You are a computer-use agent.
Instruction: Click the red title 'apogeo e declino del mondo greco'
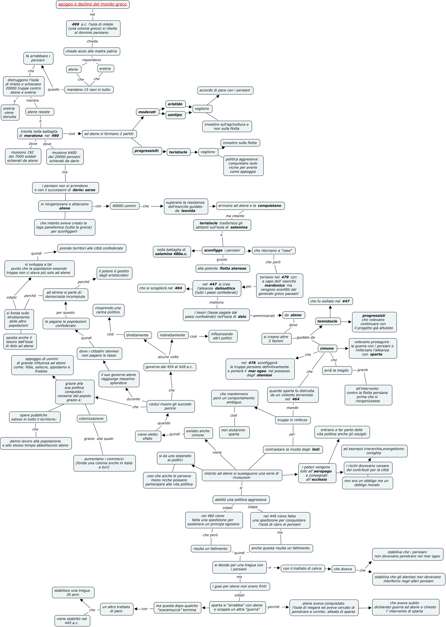[92, 5]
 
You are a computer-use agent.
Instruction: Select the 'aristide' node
[175, 104]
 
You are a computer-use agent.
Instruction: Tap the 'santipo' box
[175, 115]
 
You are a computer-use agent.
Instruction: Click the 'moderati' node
[147, 112]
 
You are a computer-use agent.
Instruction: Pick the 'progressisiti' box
[146, 151]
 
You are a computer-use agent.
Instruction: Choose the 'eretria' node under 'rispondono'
[105, 69]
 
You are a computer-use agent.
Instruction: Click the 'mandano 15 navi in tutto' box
[89, 90]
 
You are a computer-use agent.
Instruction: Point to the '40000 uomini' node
[124, 206]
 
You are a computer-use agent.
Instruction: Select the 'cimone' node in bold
[327, 348]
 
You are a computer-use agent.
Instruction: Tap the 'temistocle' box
[328, 321]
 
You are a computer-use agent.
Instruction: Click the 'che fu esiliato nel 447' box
[330, 301]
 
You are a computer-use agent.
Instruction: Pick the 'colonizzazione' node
[91, 419]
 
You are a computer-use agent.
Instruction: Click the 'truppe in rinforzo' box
[292, 420]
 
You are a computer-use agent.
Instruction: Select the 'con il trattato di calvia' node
[302, 568]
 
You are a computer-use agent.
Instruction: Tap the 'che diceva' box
[343, 569]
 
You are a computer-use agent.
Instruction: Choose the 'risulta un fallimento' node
[210, 549]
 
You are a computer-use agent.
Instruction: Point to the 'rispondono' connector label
[91, 60]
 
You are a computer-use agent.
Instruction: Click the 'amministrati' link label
[264, 316]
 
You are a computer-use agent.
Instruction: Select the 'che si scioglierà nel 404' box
[161, 288]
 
